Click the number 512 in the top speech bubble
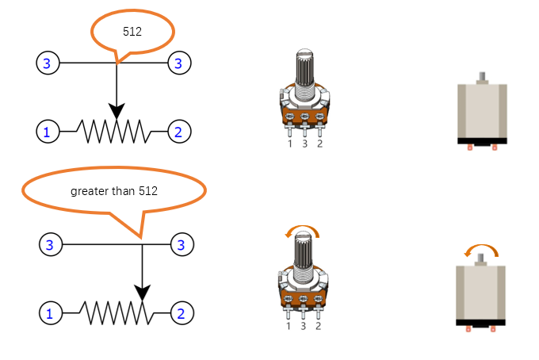pos(132,32)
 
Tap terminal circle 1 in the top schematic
pos(48,132)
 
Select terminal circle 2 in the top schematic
pos(179,132)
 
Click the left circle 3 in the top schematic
pos(48,63)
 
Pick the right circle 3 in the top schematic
pos(179,63)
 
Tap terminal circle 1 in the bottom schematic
pos(51,313)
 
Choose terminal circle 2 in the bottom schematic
pos(182,313)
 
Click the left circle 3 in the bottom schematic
pos(51,244)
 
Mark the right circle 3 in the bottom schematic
pos(182,244)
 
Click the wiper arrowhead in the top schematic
pos(117,111)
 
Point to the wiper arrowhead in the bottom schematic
pos(143,293)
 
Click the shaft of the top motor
pos(482,77)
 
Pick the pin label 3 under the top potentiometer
pos(305,144)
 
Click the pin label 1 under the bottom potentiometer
pos(289,326)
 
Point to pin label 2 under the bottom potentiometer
pos(319,326)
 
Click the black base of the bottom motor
pos(480,323)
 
